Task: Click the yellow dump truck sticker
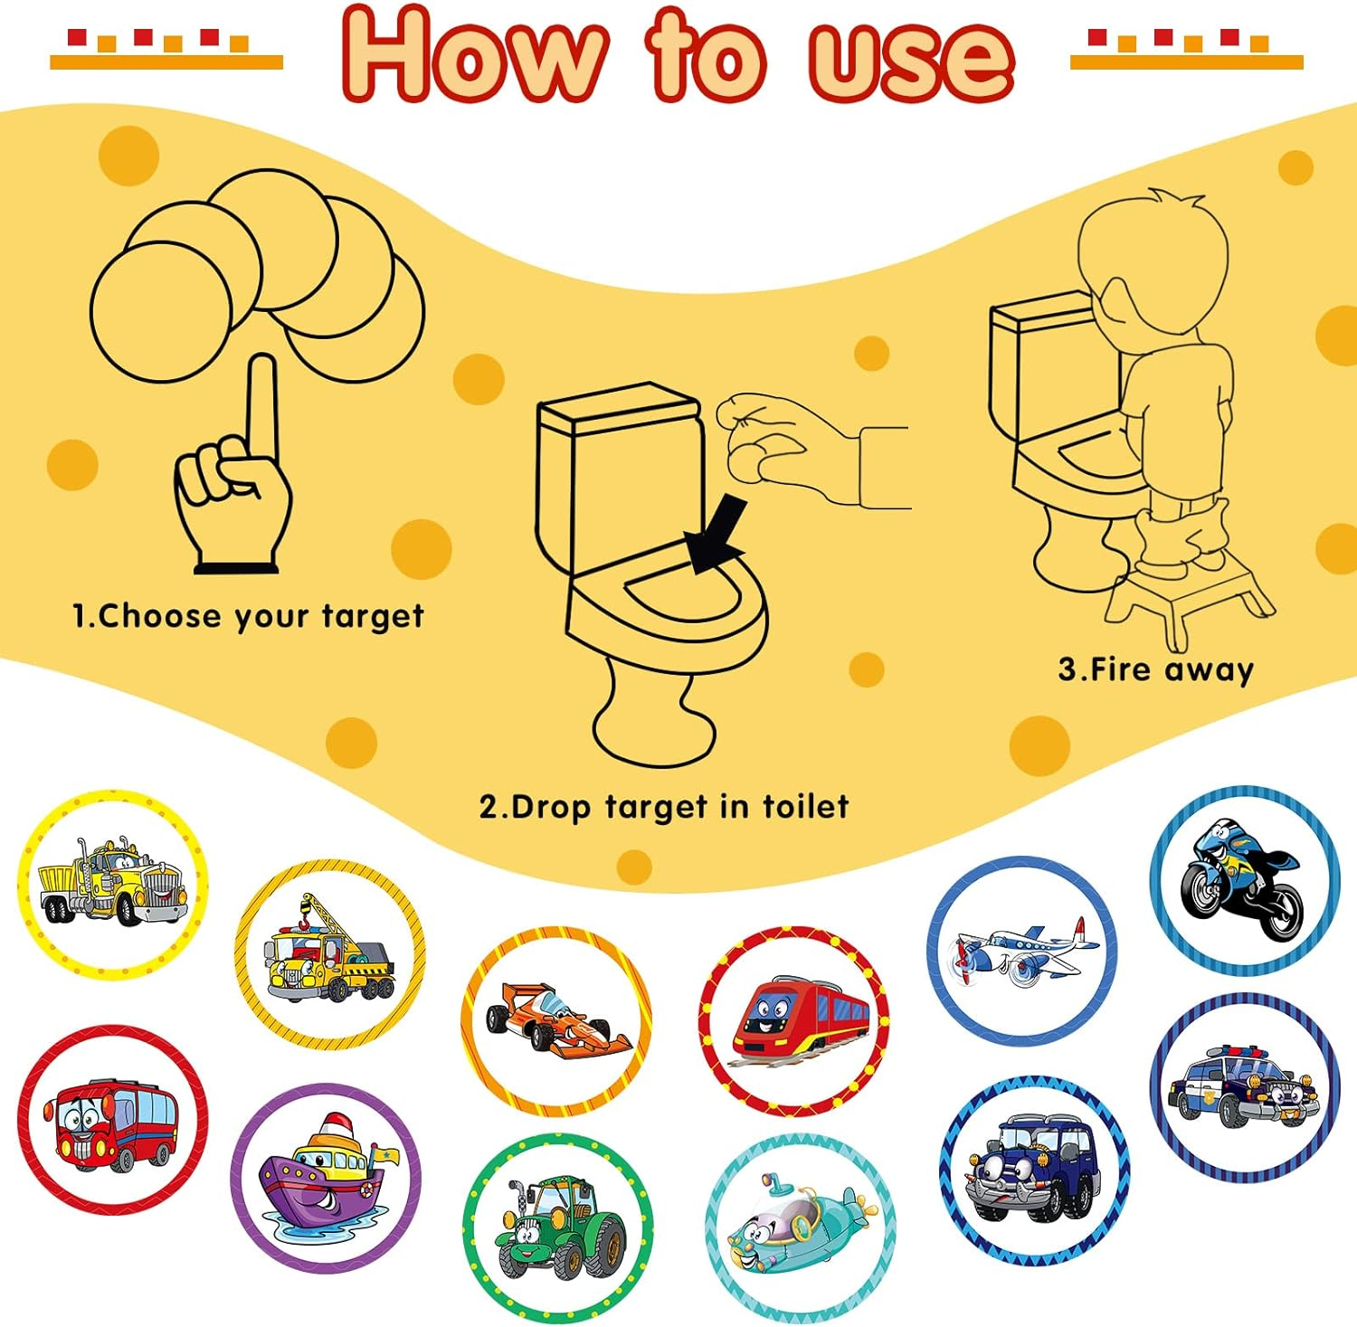coord(112,884)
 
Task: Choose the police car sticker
coord(1243,1086)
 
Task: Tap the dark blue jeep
coord(1034,1168)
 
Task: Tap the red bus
coord(113,1122)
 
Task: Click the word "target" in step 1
coord(373,617)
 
